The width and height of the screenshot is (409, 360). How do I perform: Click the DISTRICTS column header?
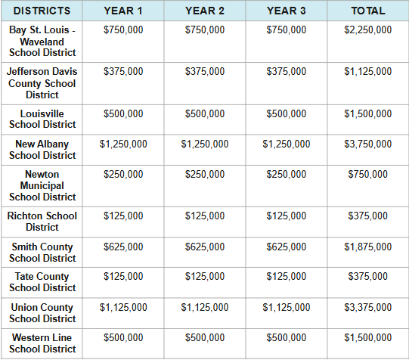point(42,11)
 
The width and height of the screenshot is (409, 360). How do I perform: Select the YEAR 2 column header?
point(205,11)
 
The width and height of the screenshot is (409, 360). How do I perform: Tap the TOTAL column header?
point(368,11)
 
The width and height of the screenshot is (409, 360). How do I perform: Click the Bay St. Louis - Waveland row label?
point(42,41)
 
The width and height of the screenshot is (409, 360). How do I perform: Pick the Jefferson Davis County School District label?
point(42,83)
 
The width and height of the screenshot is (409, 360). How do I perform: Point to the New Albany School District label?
point(42,149)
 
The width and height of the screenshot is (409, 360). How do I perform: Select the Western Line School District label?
point(42,343)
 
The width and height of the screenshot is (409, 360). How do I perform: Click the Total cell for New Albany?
point(368,144)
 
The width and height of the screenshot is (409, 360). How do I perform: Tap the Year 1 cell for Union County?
point(123,307)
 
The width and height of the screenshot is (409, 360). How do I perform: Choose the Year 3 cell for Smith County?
point(287,247)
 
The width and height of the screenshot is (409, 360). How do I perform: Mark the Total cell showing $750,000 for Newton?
point(368,174)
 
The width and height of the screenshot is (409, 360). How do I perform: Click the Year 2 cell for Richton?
point(205,216)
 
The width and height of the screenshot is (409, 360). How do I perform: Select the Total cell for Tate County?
point(368,276)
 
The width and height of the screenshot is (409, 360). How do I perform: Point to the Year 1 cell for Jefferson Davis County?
point(123,71)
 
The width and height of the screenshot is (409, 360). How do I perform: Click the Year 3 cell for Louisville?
point(287,113)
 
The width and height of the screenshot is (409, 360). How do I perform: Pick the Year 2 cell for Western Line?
point(205,337)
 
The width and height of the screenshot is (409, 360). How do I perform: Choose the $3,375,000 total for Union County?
point(368,307)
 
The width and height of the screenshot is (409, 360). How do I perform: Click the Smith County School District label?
point(42,252)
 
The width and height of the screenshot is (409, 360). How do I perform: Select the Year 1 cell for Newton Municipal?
point(123,174)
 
